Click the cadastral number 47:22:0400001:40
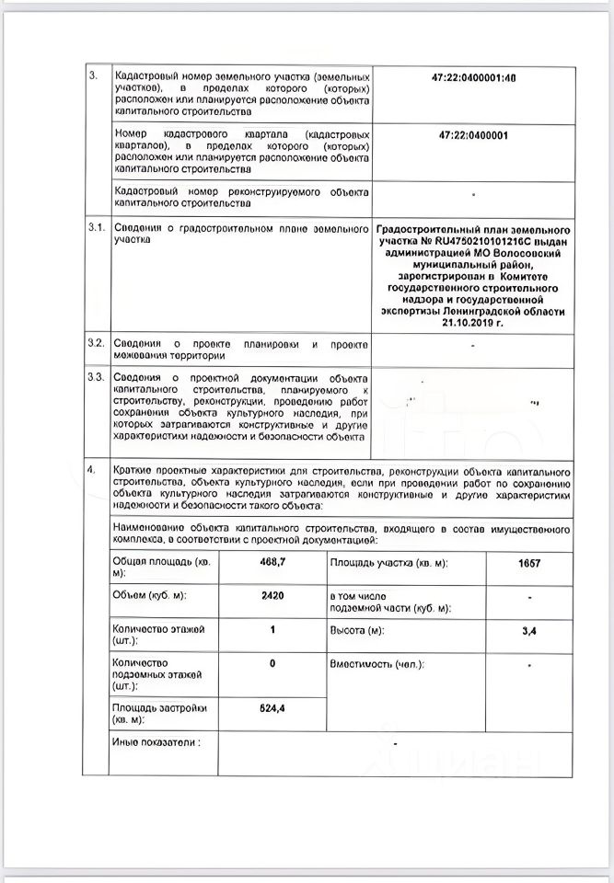click(474, 78)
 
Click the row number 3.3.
click(96, 378)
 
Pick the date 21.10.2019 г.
click(474, 324)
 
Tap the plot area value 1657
click(529, 561)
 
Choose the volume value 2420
click(272, 595)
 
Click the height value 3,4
click(529, 630)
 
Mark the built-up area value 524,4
click(272, 708)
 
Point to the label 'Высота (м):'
click(356, 630)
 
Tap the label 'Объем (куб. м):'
click(149, 595)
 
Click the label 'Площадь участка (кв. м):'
click(387, 561)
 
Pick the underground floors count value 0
click(272, 663)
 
